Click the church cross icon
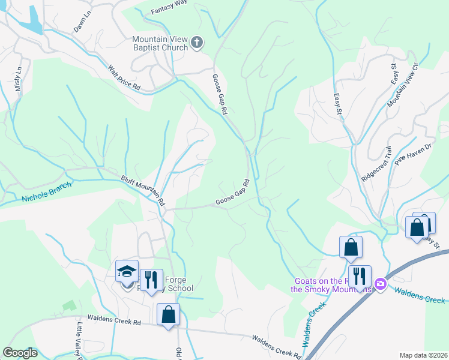(197, 43)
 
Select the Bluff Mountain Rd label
(143, 188)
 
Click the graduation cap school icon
(127, 271)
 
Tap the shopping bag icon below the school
(169, 313)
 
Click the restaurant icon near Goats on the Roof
(359, 276)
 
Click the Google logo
(20, 352)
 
